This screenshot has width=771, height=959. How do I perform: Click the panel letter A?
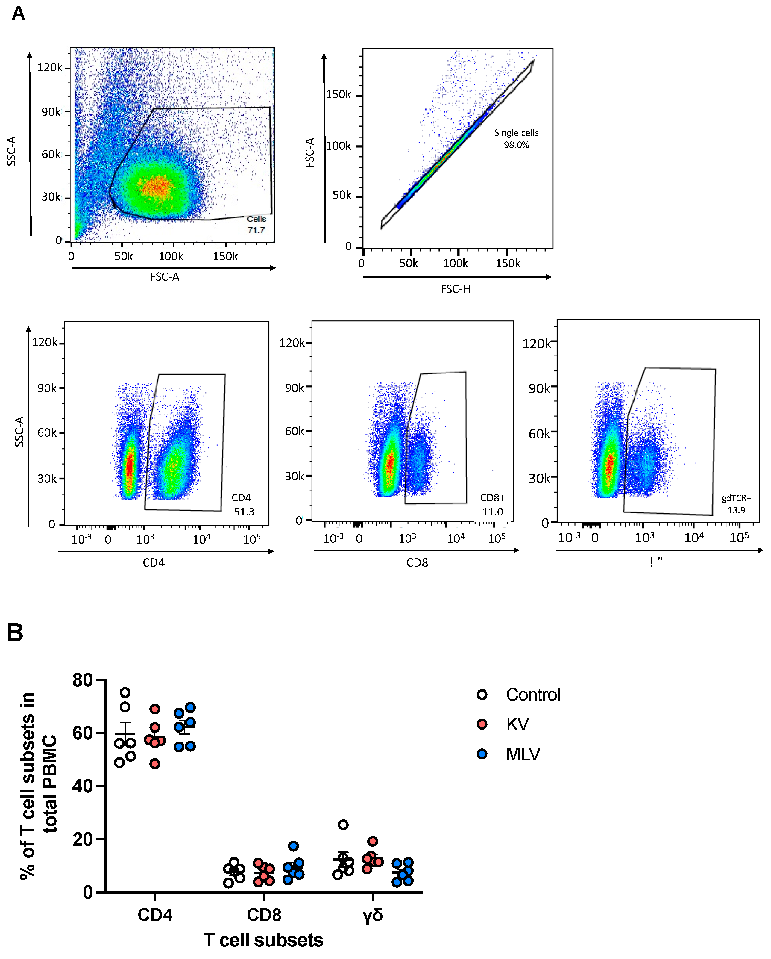[x=18, y=13]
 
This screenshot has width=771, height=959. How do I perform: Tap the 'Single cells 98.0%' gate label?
[x=516, y=139]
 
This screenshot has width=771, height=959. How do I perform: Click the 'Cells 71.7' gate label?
[x=256, y=224]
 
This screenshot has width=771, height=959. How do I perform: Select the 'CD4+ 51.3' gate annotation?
[x=244, y=505]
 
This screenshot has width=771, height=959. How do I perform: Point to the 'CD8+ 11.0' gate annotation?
[x=492, y=505]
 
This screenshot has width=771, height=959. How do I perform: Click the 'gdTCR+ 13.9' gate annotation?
[x=736, y=504]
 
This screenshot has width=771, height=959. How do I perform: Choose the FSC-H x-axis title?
[x=455, y=289]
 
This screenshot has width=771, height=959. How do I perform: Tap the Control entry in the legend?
[x=533, y=695]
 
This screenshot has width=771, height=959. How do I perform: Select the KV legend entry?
[x=517, y=724]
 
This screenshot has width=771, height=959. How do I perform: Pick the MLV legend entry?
[x=523, y=754]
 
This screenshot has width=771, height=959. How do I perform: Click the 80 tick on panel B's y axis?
[x=83, y=680]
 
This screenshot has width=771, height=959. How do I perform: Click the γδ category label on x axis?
[x=373, y=915]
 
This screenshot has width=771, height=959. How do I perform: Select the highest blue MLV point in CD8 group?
[x=293, y=846]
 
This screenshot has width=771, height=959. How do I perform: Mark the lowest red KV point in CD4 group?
[x=155, y=764]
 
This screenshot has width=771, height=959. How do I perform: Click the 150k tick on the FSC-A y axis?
[x=339, y=95]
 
